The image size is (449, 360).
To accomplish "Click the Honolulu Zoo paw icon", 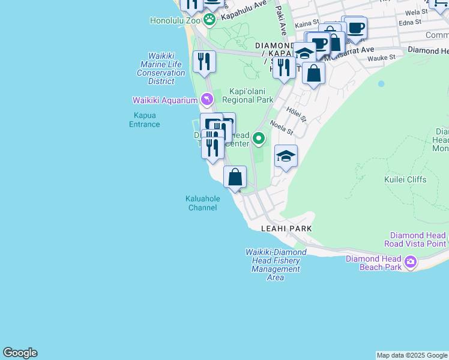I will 209,20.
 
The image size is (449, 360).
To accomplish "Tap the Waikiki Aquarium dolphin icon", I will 206,99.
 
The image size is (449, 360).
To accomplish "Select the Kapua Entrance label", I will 145,120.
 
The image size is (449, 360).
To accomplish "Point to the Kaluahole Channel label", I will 203,203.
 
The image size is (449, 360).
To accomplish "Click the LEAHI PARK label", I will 286,229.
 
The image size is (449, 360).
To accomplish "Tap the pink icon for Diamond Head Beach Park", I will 411,261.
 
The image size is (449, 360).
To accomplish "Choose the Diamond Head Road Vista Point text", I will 418,240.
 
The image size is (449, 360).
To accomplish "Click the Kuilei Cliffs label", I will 405,179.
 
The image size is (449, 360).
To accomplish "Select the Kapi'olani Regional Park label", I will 247,95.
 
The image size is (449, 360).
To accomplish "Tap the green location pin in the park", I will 259,139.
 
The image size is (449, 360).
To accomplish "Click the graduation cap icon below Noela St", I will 286,157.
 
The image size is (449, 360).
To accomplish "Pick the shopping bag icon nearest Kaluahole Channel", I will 235,178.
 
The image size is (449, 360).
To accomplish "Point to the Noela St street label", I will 280,127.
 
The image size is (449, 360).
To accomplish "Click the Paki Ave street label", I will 281,22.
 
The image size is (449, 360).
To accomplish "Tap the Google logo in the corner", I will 20,353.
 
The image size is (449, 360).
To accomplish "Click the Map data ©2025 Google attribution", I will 412,355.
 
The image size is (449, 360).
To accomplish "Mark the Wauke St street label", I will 382,58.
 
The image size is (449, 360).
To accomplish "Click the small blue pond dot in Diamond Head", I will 381,84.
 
